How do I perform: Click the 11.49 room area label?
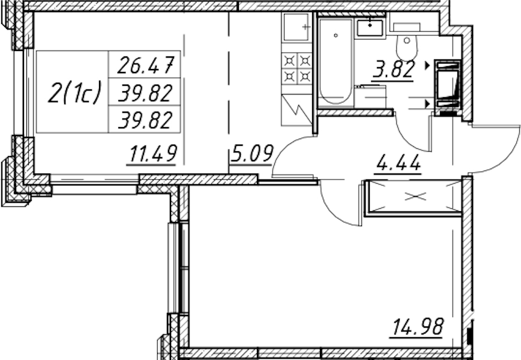(x=152, y=154)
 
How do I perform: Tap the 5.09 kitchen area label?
(x=251, y=153)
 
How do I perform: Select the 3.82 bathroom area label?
(x=394, y=70)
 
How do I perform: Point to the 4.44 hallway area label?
(x=398, y=163)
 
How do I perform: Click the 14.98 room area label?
(x=418, y=326)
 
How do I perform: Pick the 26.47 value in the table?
(x=145, y=65)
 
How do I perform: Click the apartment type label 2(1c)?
(x=74, y=92)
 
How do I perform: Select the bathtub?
(x=336, y=62)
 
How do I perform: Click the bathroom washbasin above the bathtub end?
(x=370, y=28)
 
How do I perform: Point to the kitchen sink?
(x=296, y=27)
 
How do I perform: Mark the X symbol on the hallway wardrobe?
(x=416, y=197)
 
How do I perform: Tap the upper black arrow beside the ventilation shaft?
(x=427, y=65)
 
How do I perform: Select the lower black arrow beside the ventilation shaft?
(x=427, y=104)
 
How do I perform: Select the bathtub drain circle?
(x=336, y=35)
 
